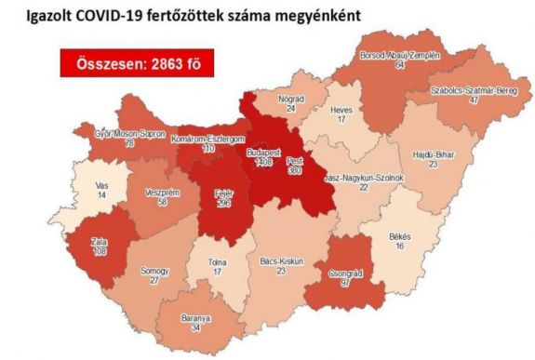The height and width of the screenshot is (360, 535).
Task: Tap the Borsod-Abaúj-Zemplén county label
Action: coord(400,56)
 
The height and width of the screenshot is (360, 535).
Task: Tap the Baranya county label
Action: coord(196,317)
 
